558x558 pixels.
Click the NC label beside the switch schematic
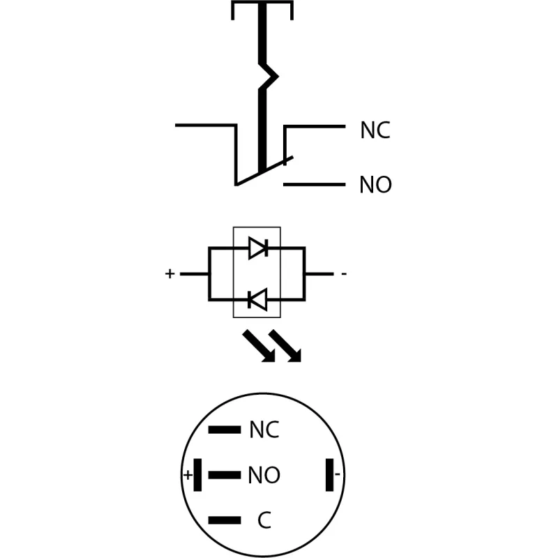[375, 130]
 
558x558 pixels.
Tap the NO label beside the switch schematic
[375, 185]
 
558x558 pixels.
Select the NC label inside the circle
[264, 430]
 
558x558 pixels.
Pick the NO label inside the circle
[264, 475]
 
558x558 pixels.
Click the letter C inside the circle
[264, 520]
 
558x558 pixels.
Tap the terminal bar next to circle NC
[225, 430]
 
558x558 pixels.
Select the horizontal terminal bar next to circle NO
[225, 475]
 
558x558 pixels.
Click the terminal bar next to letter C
[225, 520]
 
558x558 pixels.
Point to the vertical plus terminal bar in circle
[197, 475]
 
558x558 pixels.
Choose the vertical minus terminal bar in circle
[329, 475]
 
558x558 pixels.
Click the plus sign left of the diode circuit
[169, 273]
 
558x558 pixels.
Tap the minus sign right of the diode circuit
[344, 273]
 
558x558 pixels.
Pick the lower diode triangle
[258, 300]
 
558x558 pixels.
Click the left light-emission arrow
[259, 346]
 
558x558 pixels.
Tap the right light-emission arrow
[285, 346]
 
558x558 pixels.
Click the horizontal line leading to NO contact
[315, 184]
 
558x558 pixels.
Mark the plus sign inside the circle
[188, 475]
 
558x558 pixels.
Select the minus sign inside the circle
[338, 474]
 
